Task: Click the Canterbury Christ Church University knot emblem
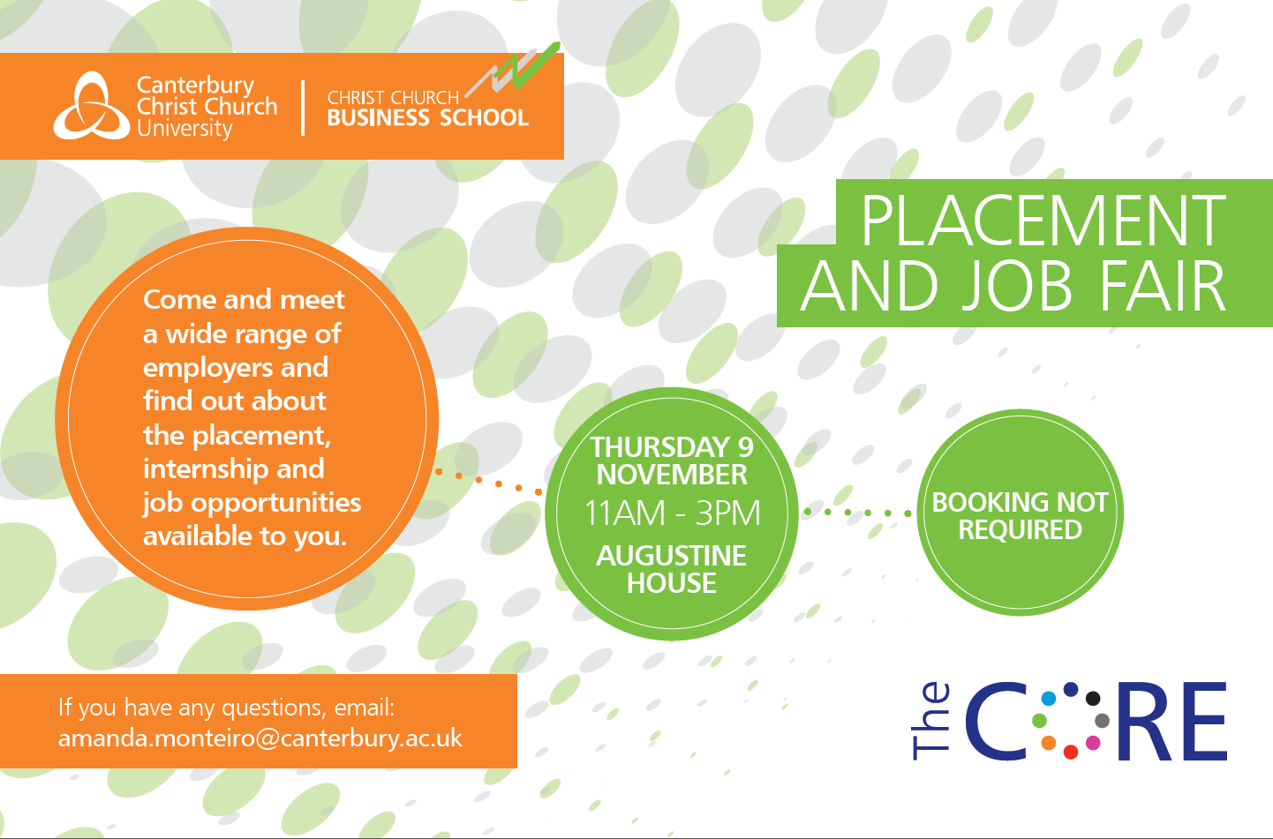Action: click(92, 106)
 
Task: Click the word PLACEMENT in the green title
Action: click(1043, 221)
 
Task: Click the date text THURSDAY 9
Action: click(672, 447)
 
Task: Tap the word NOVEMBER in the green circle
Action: click(672, 475)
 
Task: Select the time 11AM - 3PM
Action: click(672, 513)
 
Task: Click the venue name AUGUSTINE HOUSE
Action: click(672, 569)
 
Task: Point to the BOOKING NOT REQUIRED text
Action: click(1021, 516)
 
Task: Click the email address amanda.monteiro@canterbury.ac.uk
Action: click(260, 738)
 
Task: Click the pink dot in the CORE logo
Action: click(1093, 743)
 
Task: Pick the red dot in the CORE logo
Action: click(1071, 752)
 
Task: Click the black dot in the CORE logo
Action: click(1093, 698)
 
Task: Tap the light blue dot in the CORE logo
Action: click(1049, 698)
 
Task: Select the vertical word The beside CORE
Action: click(930, 721)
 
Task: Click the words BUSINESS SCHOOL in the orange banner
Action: click(428, 117)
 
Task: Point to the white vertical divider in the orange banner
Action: click(303, 108)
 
